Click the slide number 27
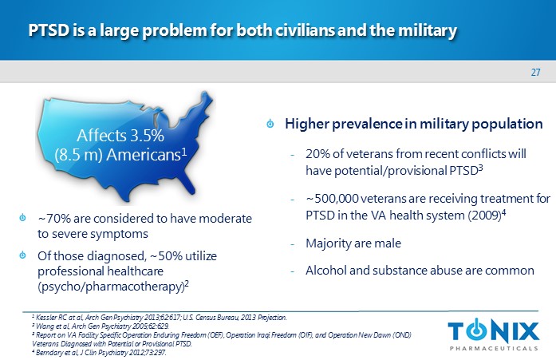tap(536, 73)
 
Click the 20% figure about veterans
tap(317, 152)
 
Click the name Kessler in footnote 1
tap(39, 318)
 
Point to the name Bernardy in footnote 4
tap(41, 351)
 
